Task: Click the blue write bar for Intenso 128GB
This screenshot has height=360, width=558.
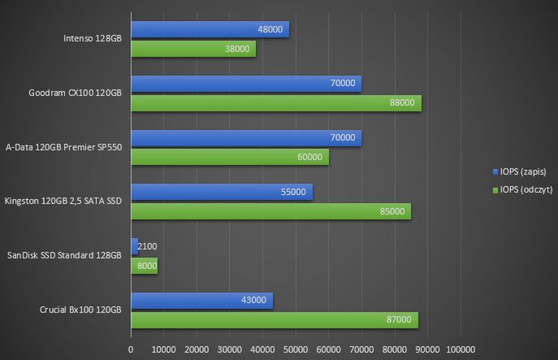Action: pyautogui.click(x=210, y=29)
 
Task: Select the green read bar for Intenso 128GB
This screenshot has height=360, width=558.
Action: pyautogui.click(x=193, y=49)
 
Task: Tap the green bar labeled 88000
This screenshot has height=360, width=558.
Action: pyautogui.click(x=276, y=102)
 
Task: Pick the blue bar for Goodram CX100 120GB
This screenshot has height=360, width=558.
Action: pyautogui.click(x=246, y=83)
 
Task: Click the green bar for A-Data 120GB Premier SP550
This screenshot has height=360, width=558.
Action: pyautogui.click(x=230, y=157)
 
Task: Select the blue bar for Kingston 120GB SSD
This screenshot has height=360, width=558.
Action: pyautogui.click(x=222, y=192)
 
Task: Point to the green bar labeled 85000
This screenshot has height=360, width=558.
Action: pyautogui.click(x=270, y=211)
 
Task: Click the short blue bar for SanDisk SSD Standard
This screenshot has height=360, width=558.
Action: pyautogui.click(x=134, y=246)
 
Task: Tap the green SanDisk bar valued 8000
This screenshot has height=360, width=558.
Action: pyautogui.click(x=144, y=266)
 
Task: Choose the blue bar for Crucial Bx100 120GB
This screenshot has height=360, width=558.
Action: pyautogui.click(x=202, y=301)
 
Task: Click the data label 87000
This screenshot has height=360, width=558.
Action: pyautogui.click(x=399, y=320)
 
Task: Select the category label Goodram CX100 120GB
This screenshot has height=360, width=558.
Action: pyautogui.click(x=75, y=93)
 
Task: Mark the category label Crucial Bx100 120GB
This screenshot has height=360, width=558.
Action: pyautogui.click(x=80, y=310)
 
